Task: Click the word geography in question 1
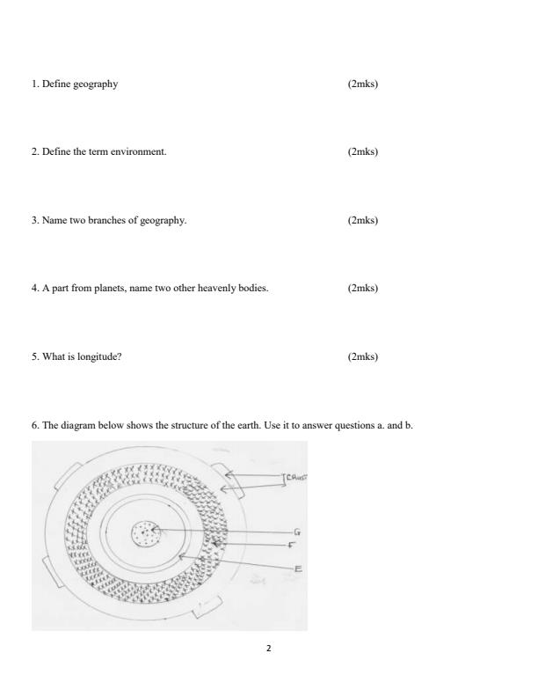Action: (x=98, y=84)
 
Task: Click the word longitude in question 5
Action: (x=103, y=356)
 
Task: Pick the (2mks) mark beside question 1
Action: (x=363, y=84)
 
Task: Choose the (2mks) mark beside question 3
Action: (x=363, y=220)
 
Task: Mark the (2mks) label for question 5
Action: (x=363, y=356)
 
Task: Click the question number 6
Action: (x=34, y=425)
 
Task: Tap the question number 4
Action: (x=34, y=288)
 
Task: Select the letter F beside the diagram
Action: (x=291, y=546)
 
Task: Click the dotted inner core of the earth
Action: (x=144, y=533)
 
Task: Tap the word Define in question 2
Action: (x=54, y=151)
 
